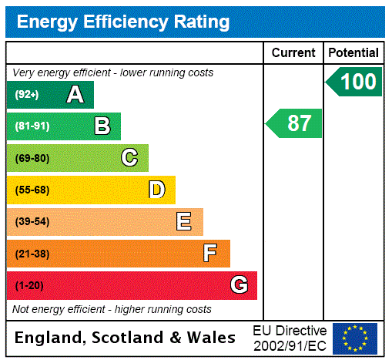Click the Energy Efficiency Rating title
pos(123,22)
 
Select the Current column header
pos(293,53)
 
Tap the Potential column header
pos(353,53)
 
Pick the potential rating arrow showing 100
pos(355,82)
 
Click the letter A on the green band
pos(75,95)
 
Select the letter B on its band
pos(102,126)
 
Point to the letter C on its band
pos(129,158)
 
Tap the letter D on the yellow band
pos(156,190)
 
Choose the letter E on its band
pos(184,222)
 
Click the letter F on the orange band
pos(210,253)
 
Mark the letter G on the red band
pos(240,285)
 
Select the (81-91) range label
pos(32,126)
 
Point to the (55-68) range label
pos(32,190)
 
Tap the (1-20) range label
pos(29,285)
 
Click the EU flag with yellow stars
pos(355,338)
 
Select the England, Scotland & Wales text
pos(126,338)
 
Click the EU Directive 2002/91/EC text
pos(290,338)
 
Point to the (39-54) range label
pos(32,222)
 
